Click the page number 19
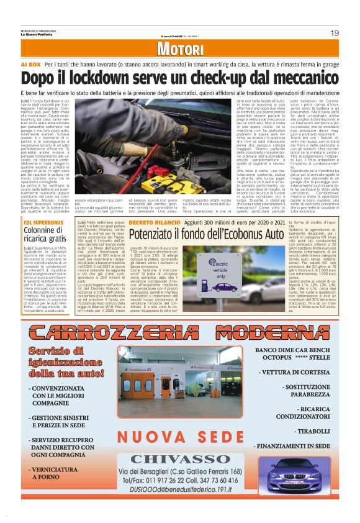pos(333,32)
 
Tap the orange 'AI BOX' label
pos(30,65)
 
